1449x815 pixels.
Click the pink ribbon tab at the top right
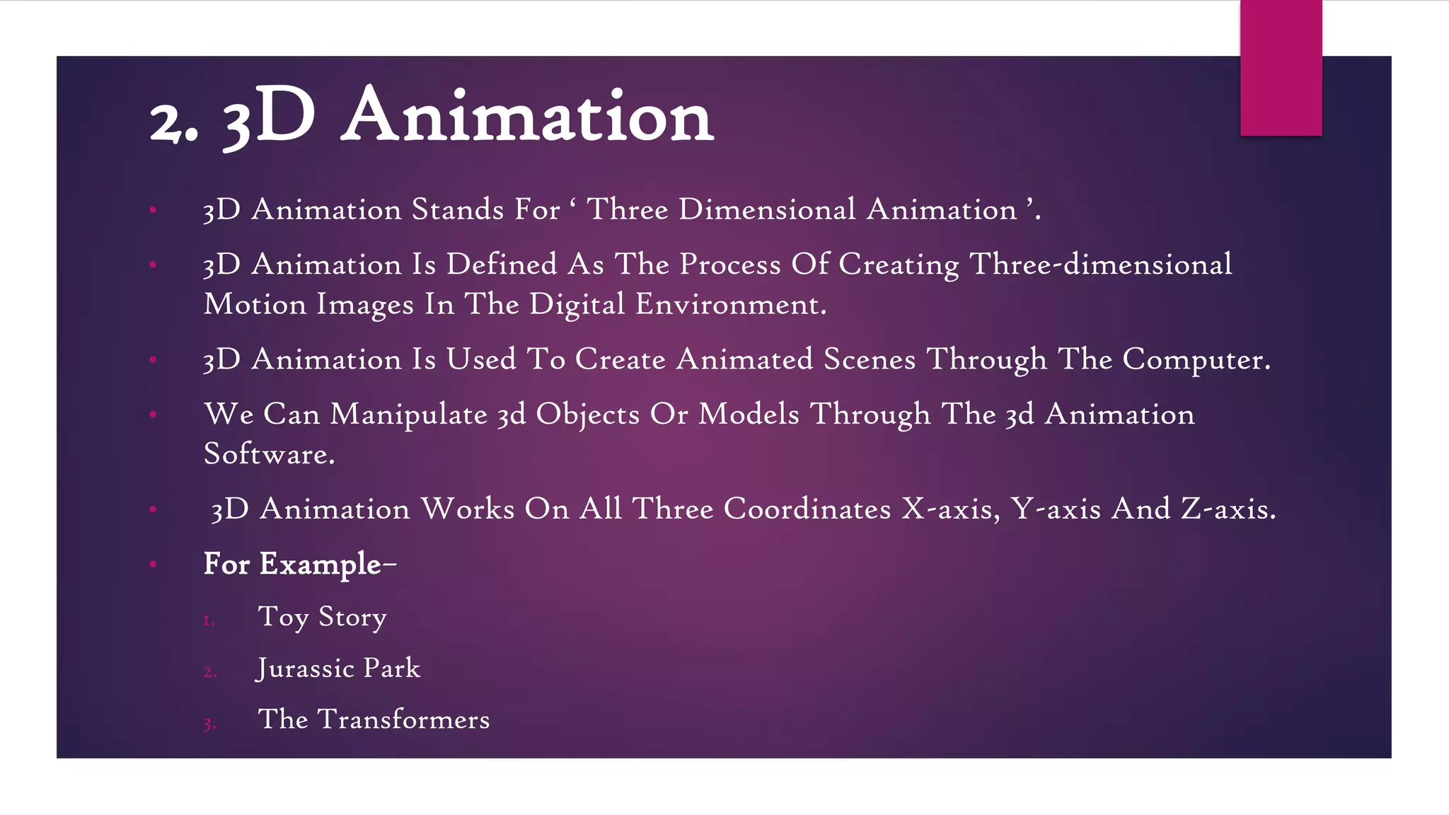pyautogui.click(x=1281, y=68)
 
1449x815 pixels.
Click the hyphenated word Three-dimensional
pyautogui.click(x=1100, y=265)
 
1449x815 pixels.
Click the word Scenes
pyautogui.click(x=870, y=360)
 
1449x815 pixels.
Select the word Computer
pyautogui.click(x=1196, y=360)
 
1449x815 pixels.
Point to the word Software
pyautogui.click(x=269, y=454)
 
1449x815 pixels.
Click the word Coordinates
pyautogui.click(x=807, y=509)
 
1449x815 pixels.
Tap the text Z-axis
pyautogui.click(x=1228, y=509)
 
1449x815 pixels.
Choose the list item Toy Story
pyautogui.click(x=322, y=617)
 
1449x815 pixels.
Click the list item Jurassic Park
pyautogui.click(x=338, y=669)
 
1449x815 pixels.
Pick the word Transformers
pyautogui.click(x=403, y=720)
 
